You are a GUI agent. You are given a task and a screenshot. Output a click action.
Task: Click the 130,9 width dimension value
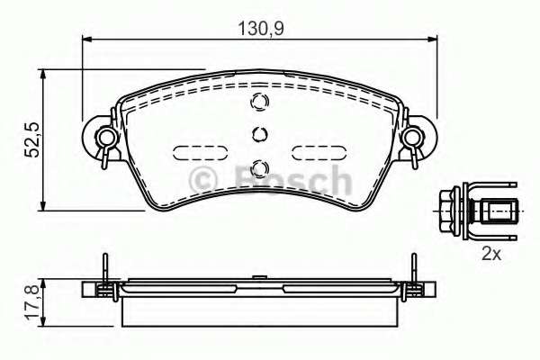coord(261,28)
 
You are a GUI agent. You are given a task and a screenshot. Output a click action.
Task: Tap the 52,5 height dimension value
coord(33,139)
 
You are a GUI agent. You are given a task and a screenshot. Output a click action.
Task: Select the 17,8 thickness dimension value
coord(33,302)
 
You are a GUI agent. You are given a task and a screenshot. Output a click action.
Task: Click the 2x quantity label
coord(491,254)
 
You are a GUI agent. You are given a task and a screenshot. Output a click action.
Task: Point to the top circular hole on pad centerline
coord(259,102)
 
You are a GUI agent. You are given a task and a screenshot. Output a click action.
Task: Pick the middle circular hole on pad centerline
coord(260,134)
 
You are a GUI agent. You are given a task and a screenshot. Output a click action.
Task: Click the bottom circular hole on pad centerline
coord(260,167)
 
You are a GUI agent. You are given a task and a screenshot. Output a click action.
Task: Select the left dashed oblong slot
coord(200,153)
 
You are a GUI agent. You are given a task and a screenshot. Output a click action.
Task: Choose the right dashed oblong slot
coord(319,153)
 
